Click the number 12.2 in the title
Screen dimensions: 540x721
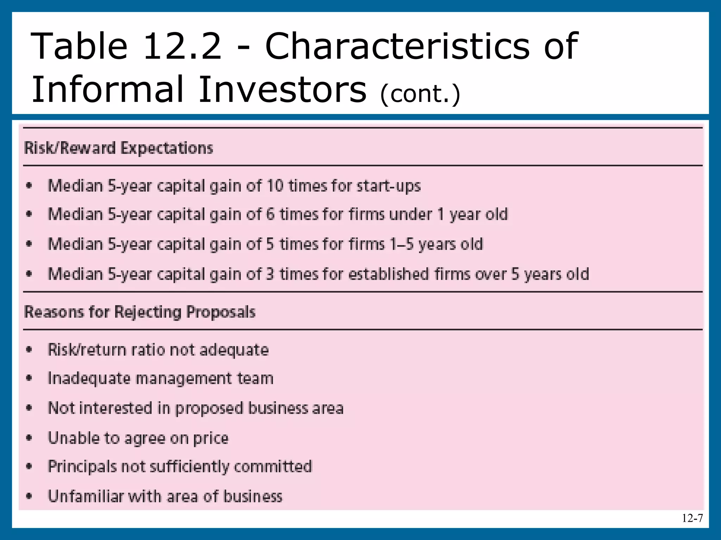[x=182, y=46]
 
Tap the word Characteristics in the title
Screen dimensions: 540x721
[x=397, y=46]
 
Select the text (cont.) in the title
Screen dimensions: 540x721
[x=420, y=94]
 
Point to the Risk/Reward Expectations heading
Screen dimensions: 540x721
[x=119, y=148]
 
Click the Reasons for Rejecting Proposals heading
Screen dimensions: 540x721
[x=140, y=312]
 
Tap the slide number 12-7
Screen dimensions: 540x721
[x=692, y=518]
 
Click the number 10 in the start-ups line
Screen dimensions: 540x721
[x=275, y=186]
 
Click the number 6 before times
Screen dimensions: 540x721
[x=270, y=214]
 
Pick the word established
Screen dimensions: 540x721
[x=388, y=274]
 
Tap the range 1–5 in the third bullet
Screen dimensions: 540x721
[x=402, y=244]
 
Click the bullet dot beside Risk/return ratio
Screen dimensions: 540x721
[x=29, y=350]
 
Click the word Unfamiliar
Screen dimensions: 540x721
[x=85, y=496]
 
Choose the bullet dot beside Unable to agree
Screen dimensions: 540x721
[x=29, y=438]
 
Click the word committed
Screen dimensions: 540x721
[x=273, y=467]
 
